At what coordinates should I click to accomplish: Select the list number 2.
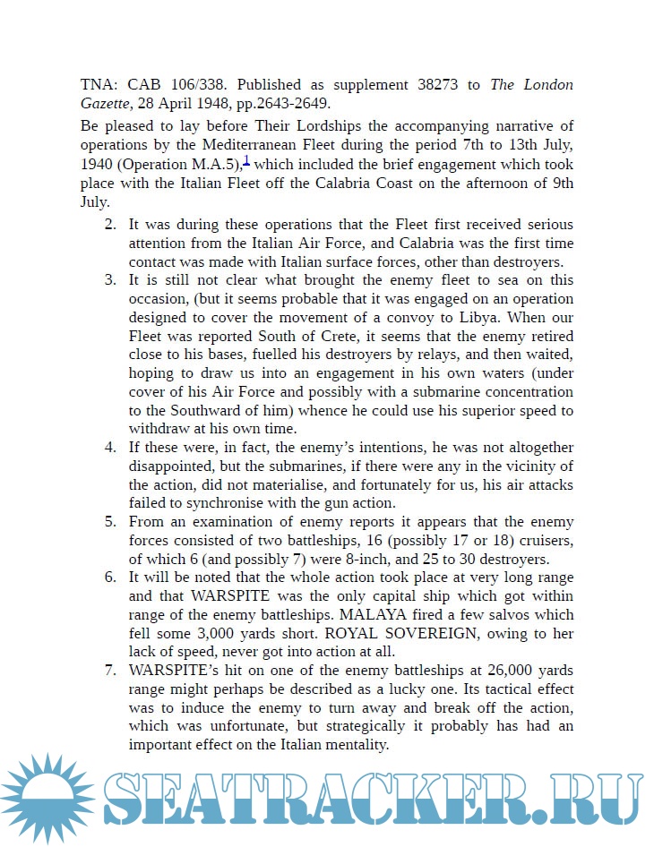[110, 224]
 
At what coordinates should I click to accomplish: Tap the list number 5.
[110, 521]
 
